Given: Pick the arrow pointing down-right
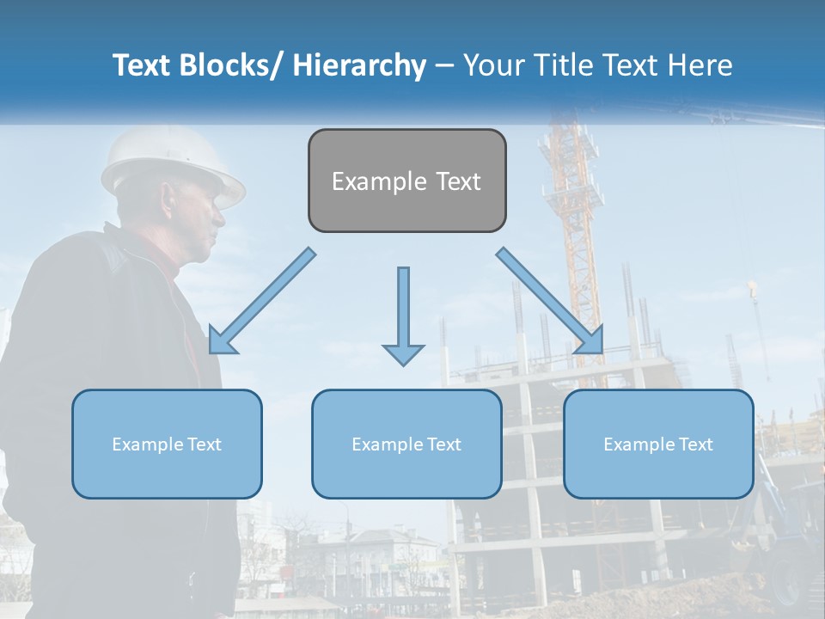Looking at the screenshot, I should (551, 302).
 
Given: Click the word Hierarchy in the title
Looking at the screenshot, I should (359, 65).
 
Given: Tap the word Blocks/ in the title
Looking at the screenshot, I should (229, 65).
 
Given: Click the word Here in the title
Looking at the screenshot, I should (701, 65).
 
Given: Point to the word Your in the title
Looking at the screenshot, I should (493, 65).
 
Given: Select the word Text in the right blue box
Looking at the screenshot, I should (695, 444).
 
